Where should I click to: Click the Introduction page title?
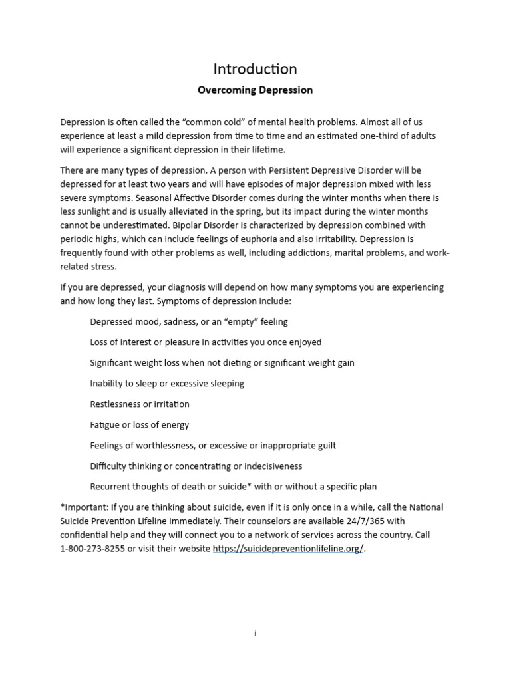click(x=255, y=69)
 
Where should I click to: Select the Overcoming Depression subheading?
click(x=255, y=90)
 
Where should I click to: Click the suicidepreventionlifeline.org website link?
click(x=288, y=549)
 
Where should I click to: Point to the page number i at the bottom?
click(x=255, y=633)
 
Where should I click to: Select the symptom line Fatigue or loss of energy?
click(x=140, y=425)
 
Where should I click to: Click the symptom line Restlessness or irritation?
click(x=140, y=404)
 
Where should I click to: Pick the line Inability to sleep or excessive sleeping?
click(x=167, y=384)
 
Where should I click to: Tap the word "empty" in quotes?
click(x=230, y=322)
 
